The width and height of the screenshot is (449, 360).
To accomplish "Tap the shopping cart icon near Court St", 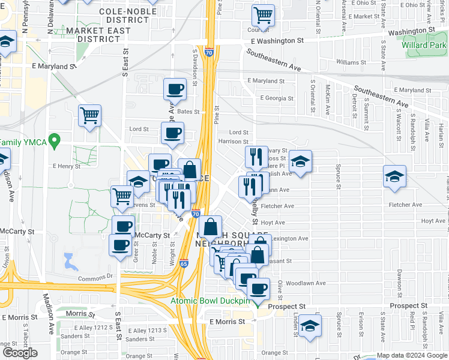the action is click(262, 16).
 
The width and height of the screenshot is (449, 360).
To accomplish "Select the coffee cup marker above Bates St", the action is click(175, 89).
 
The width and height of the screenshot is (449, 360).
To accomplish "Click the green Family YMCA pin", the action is click(55, 142).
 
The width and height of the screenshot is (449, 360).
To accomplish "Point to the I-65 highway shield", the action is click(184, 263).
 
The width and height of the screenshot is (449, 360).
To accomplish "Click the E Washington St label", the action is click(277, 40).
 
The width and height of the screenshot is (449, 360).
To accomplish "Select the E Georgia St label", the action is click(277, 98).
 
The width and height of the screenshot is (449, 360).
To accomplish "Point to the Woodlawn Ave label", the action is click(306, 283).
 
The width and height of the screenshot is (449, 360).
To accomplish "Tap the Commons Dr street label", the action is click(95, 277).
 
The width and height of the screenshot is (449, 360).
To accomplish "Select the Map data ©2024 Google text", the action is click(412, 355).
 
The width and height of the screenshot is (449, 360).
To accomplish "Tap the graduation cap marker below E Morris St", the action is click(310, 326).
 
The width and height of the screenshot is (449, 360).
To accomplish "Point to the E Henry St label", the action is click(66, 166).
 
